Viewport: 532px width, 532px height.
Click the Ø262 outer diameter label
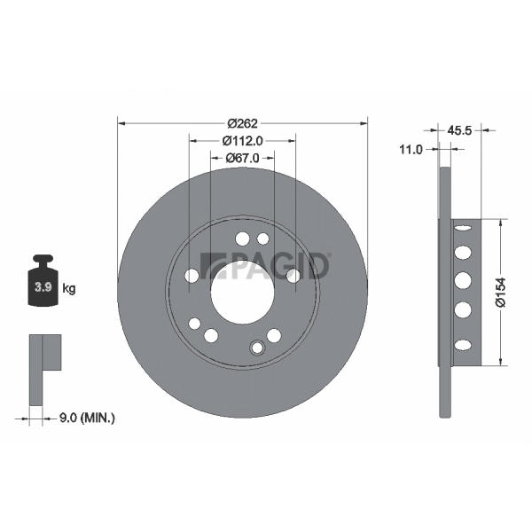pyautogui.click(x=243, y=123)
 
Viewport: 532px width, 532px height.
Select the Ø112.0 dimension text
pyautogui.click(x=243, y=141)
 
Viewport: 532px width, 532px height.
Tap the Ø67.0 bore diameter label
pyautogui.click(x=243, y=158)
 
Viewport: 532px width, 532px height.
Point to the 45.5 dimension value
pyautogui.click(x=459, y=130)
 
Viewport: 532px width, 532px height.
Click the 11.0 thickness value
pyautogui.click(x=411, y=149)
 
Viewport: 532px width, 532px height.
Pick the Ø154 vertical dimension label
pyautogui.click(x=500, y=292)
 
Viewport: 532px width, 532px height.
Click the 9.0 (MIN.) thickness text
pyautogui.click(x=87, y=418)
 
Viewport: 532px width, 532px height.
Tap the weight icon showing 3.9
pyautogui.click(x=43, y=280)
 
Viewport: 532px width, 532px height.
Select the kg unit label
pyautogui.click(x=69, y=289)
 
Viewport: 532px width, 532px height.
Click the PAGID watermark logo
pyautogui.click(x=265, y=266)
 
